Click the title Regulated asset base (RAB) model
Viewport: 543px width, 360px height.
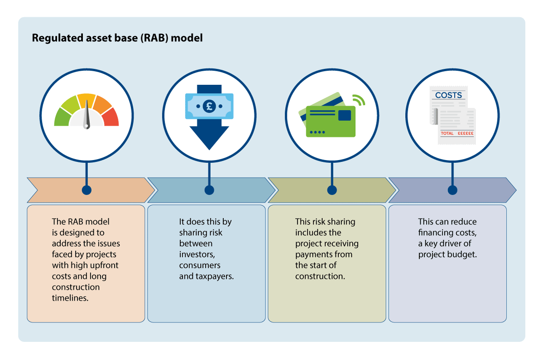pos(117,38)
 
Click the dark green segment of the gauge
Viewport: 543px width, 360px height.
pos(62,117)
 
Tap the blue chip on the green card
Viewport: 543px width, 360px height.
pos(344,115)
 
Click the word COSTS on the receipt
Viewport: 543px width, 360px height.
pos(448,95)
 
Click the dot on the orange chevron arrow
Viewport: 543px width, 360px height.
pos(86,190)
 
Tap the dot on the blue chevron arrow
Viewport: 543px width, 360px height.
pos(209,190)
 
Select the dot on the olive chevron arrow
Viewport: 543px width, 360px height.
pos(332,190)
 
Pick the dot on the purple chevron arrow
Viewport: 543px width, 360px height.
pos(452,190)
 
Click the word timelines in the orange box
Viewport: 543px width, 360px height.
pos(70,298)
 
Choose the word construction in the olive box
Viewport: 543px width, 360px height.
pos(320,276)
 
